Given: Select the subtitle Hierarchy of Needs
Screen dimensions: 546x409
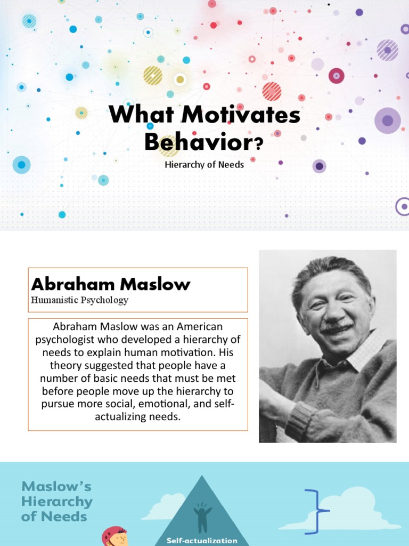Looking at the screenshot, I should [x=204, y=165].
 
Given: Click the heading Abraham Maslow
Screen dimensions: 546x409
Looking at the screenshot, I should [x=111, y=284].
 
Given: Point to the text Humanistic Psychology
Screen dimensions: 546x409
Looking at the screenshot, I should [x=80, y=300].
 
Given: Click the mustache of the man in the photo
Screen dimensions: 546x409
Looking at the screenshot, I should [x=338, y=326].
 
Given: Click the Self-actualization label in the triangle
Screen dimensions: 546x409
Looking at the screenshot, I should [x=202, y=540].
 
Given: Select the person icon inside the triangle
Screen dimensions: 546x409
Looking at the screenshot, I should [x=202, y=517].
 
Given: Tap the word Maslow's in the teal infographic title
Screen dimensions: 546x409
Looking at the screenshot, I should [x=56, y=486].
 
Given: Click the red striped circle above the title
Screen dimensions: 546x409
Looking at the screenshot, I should [x=272, y=91].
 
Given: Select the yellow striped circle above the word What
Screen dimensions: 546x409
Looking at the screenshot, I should [x=153, y=75].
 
